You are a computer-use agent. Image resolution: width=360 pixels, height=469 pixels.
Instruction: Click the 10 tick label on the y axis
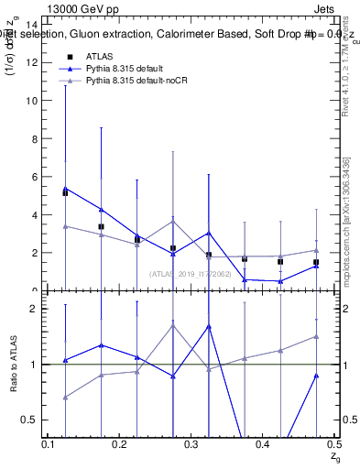(33, 101)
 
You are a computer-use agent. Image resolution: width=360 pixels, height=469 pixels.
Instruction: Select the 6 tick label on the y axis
(35, 177)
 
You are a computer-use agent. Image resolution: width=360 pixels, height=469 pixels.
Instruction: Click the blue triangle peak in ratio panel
(209, 326)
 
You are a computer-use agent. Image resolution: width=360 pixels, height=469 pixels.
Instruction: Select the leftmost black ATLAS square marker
(65, 193)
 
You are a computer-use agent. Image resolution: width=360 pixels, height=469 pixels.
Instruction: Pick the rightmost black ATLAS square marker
(316, 262)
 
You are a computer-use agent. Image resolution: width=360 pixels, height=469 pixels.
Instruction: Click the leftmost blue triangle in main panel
(65, 188)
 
